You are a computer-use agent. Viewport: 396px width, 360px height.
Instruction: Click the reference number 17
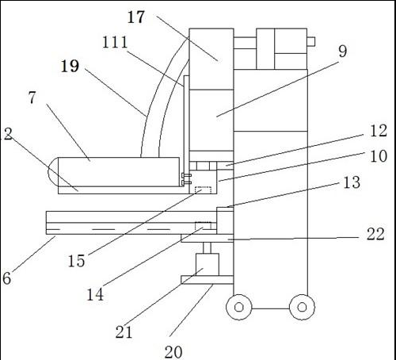(x=136, y=17)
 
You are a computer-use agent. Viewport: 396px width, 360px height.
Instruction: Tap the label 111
(x=115, y=42)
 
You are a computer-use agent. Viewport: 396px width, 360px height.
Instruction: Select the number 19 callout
(x=70, y=66)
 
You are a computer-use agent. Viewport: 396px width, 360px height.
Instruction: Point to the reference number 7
(x=32, y=98)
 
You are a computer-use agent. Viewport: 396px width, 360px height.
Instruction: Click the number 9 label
(x=342, y=51)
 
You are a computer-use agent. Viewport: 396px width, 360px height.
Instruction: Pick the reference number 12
(x=379, y=131)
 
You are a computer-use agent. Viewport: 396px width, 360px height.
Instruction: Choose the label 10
(x=379, y=156)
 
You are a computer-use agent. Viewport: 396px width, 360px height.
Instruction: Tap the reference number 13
(x=352, y=182)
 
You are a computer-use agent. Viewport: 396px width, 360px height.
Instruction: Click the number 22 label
(x=375, y=234)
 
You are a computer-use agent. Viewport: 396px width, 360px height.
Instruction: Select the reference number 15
(x=77, y=261)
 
